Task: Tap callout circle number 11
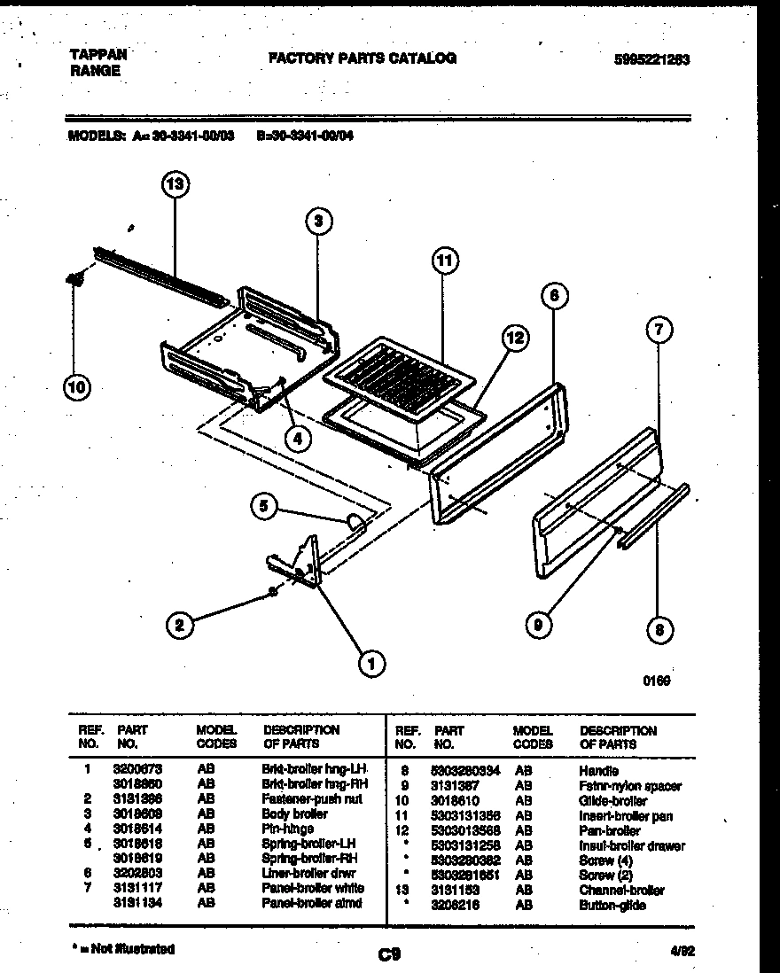445,261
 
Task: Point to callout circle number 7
657,331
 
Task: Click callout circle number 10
77,386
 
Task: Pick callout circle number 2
180,626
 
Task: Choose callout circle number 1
370,660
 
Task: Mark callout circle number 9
538,626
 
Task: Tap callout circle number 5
263,507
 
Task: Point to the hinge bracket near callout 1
296,562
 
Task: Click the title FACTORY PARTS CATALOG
363,58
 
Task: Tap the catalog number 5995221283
651,60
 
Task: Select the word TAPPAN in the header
97,54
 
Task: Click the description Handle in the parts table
598,771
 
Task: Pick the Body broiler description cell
294,813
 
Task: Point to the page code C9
390,954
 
